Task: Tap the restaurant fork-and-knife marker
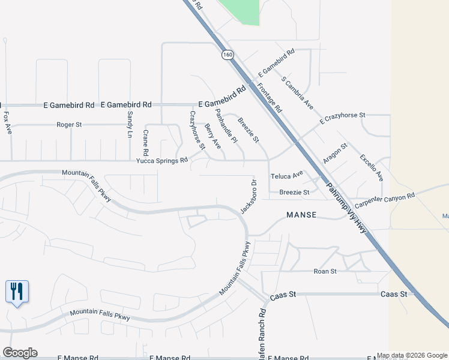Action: click(17, 292)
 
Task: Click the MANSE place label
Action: click(301, 214)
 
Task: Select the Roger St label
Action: click(69, 125)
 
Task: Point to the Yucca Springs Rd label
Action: click(163, 161)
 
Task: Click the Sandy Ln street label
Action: click(128, 124)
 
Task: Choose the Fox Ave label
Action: click(7, 123)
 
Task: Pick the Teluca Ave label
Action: click(287, 176)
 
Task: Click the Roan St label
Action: click(325, 271)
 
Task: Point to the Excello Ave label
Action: click(372, 167)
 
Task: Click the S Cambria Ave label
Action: click(297, 92)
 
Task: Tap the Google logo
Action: click(20, 353)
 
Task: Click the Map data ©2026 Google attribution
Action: click(412, 356)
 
